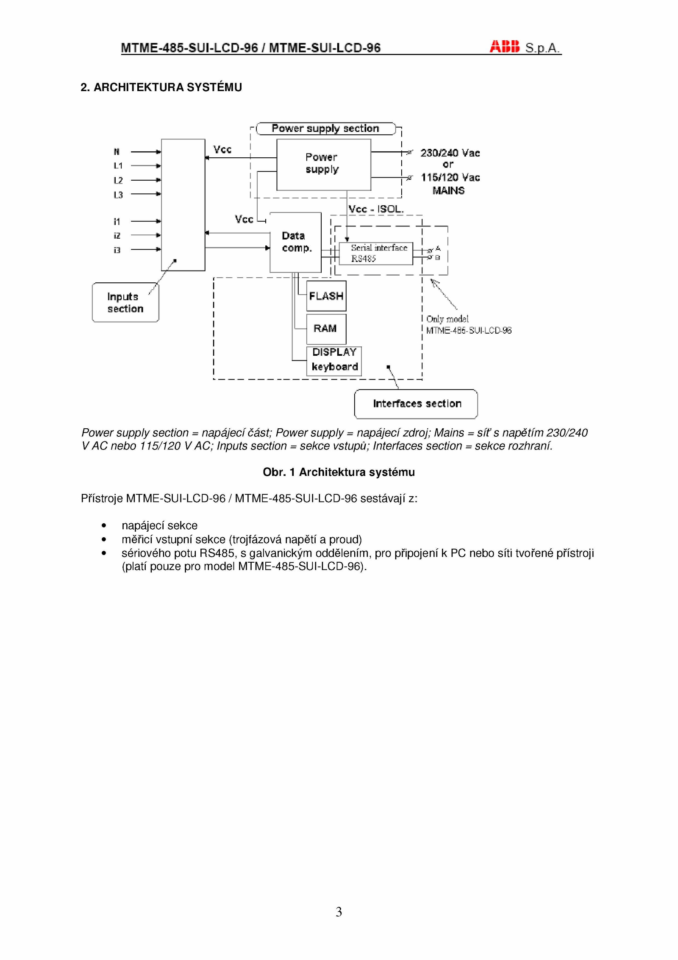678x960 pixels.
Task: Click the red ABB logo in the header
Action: click(504, 47)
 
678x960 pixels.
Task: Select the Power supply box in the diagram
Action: click(323, 165)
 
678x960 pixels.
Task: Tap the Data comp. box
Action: click(295, 242)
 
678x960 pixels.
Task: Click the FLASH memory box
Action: click(326, 296)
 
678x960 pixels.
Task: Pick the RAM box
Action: click(326, 329)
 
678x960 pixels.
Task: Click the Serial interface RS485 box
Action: click(375, 253)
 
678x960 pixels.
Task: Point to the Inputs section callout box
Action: click(125, 302)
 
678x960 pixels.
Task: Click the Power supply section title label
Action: click(325, 128)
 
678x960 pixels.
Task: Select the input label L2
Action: click(118, 180)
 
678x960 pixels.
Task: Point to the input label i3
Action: click(117, 250)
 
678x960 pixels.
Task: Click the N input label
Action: click(117, 152)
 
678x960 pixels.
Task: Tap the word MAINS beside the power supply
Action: click(448, 191)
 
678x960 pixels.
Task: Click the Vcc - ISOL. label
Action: click(376, 209)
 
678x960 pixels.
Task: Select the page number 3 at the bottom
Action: click(339, 912)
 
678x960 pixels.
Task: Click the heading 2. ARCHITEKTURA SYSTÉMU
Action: click(161, 87)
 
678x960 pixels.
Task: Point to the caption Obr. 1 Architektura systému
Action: click(339, 472)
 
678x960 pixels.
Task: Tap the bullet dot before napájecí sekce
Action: click(104, 526)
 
